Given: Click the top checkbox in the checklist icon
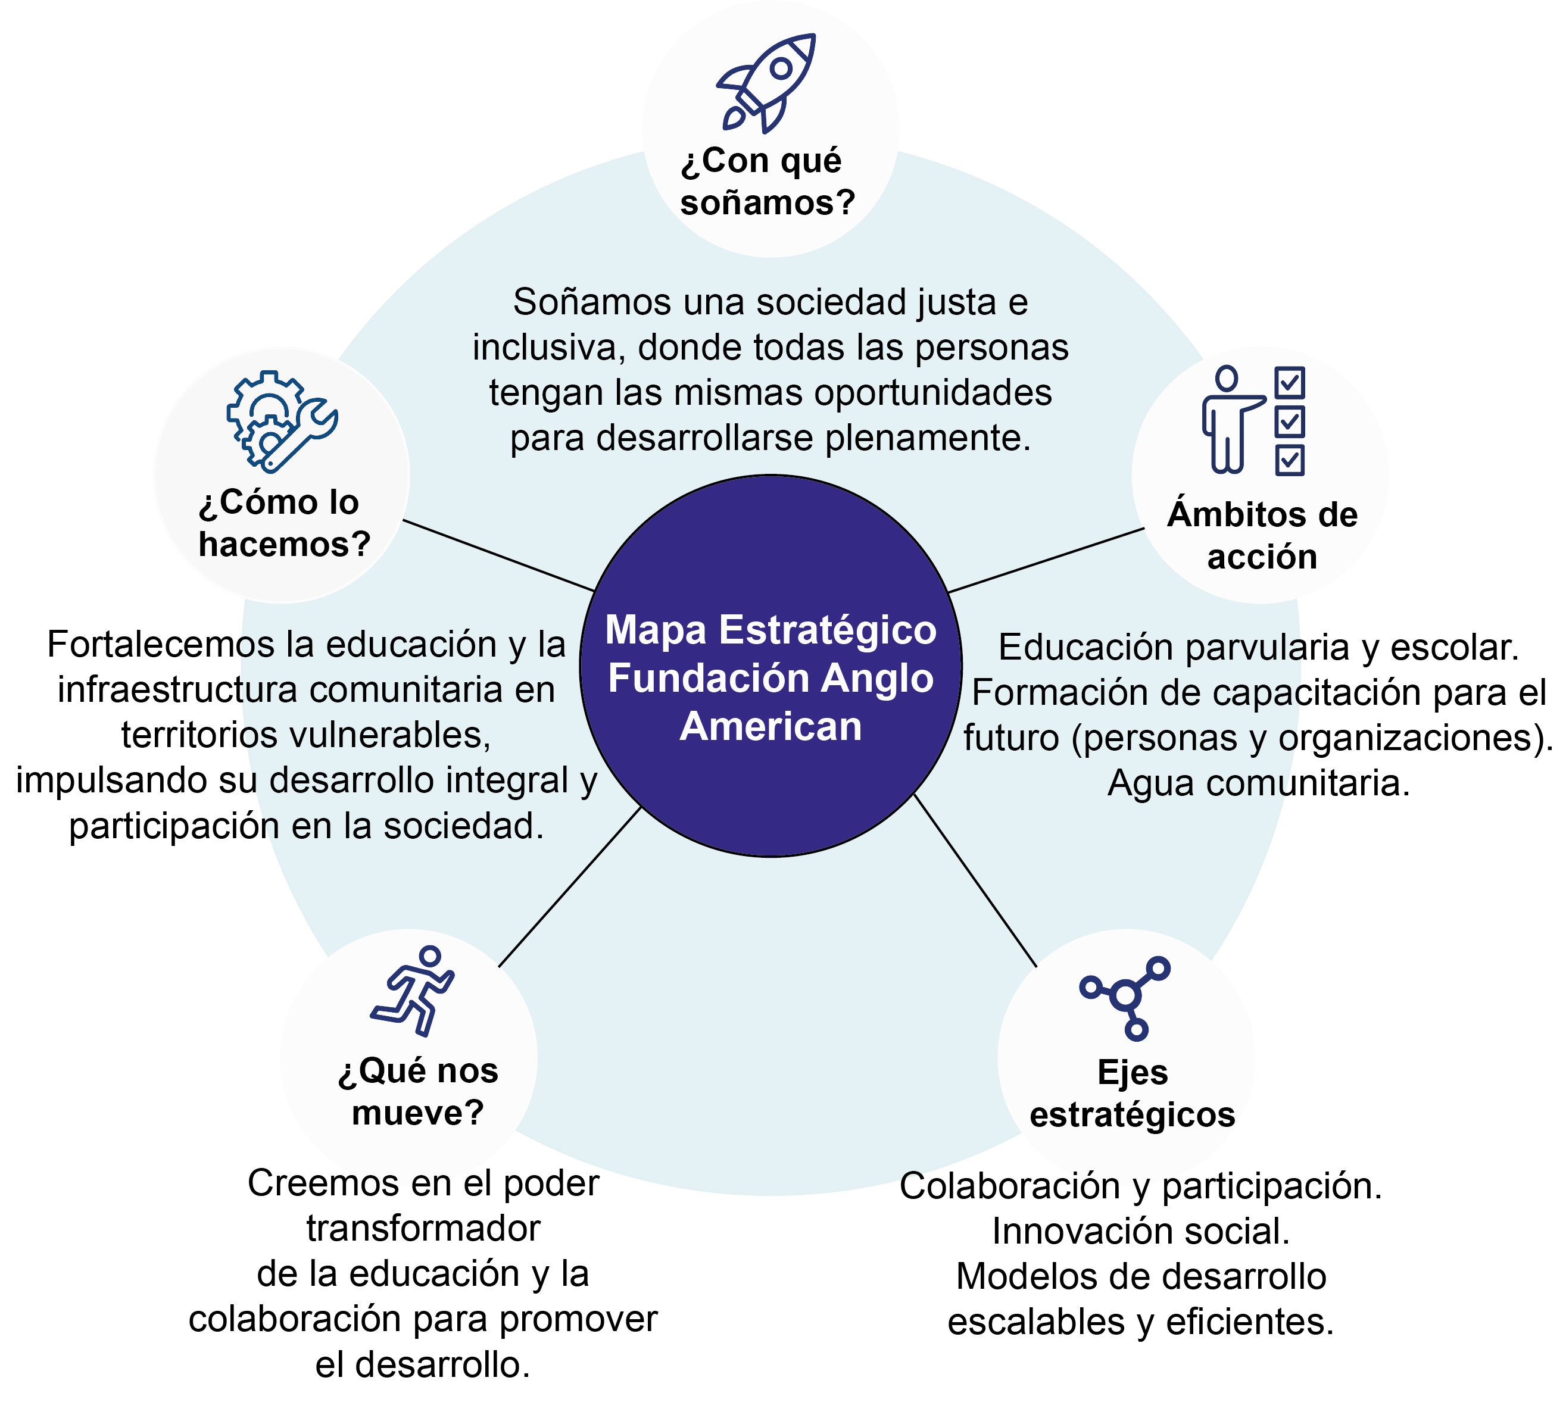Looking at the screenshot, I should tap(1290, 382).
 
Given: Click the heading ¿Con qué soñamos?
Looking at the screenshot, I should tap(767, 182).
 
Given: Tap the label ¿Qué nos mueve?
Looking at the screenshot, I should tap(417, 1092).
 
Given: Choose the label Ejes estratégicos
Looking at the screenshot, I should tap(1132, 1094).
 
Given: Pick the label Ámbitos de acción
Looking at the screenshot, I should tap(1262, 536).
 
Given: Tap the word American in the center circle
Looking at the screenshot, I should tap(770, 727).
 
